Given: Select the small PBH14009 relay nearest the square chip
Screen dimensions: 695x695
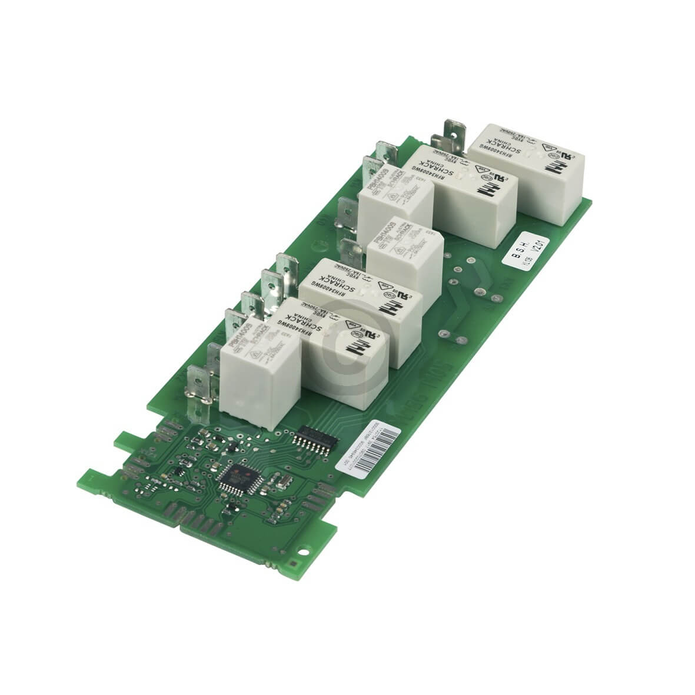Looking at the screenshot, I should [x=247, y=371].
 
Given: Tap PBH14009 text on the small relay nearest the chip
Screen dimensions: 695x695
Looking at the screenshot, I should [x=234, y=331].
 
